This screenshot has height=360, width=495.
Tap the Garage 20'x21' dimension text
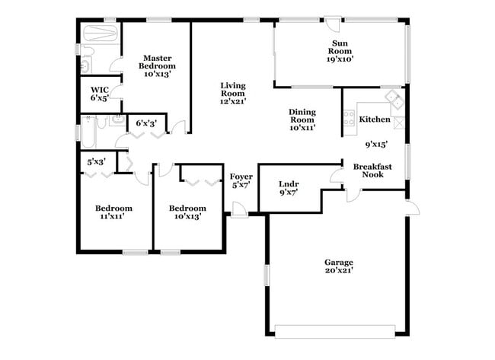coord(339,270)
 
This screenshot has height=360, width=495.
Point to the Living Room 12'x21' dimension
coord(233,100)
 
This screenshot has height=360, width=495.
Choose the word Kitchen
coord(375,119)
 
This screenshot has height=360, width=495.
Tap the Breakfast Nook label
coord(372,170)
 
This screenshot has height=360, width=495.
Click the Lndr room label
coord(288,184)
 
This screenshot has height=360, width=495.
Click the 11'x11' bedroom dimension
coord(113,217)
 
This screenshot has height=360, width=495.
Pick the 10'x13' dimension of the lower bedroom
coord(187,217)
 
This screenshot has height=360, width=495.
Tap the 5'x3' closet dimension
coord(96,161)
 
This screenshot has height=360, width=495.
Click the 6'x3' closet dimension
coord(147,123)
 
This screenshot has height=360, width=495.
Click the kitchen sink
coord(394,98)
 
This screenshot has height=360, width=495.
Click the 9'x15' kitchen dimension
coord(376,144)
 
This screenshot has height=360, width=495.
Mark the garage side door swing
coord(411,208)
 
